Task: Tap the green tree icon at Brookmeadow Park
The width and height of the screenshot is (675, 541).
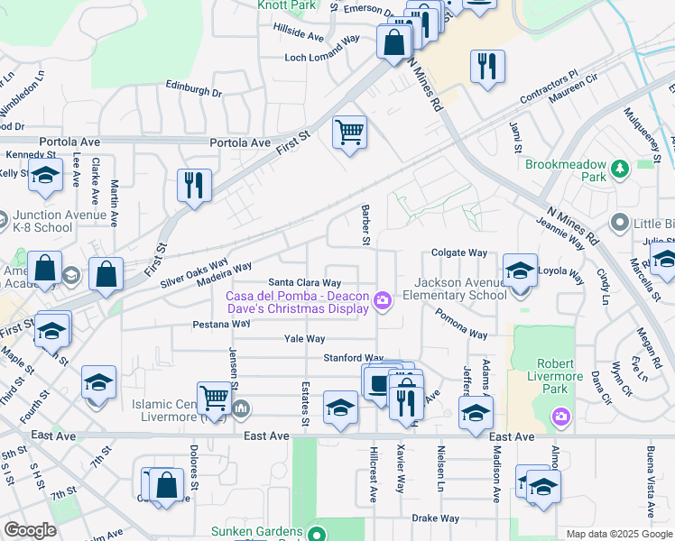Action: [x=619, y=169]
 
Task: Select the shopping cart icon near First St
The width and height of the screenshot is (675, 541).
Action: [x=349, y=133]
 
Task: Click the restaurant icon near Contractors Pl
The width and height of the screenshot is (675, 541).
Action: [x=487, y=67]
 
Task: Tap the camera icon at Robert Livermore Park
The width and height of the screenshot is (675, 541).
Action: [x=560, y=416]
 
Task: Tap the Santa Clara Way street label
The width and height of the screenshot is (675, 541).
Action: [x=305, y=281]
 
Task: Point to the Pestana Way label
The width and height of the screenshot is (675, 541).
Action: [x=221, y=323]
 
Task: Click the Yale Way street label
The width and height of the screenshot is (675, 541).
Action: [x=304, y=339]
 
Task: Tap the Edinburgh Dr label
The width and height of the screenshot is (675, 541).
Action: [x=193, y=91]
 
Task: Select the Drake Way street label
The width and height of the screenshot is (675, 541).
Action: [x=436, y=518]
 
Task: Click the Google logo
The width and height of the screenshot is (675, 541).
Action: [x=30, y=530]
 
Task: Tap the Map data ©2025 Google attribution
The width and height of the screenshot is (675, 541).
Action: [x=619, y=534]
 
